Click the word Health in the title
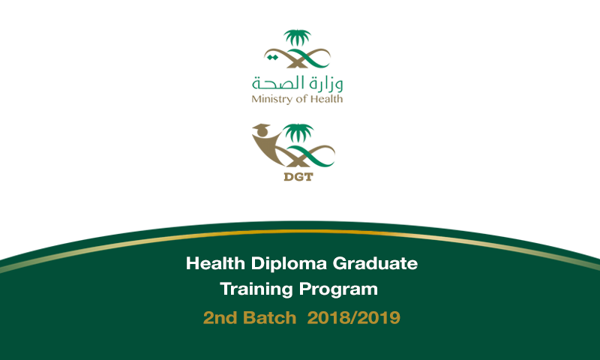[x=215, y=263]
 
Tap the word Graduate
[x=375, y=263]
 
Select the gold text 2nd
[x=220, y=317]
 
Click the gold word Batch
[x=270, y=317]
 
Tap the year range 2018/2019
[x=353, y=317]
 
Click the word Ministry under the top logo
[x=272, y=100]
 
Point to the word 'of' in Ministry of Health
[x=301, y=99]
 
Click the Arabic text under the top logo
[x=297, y=84]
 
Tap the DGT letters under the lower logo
[x=298, y=177]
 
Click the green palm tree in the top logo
[x=297, y=37]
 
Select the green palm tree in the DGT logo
[x=298, y=132]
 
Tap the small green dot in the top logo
[x=272, y=58]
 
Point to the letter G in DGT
[x=298, y=177]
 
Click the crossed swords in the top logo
[x=297, y=58]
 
